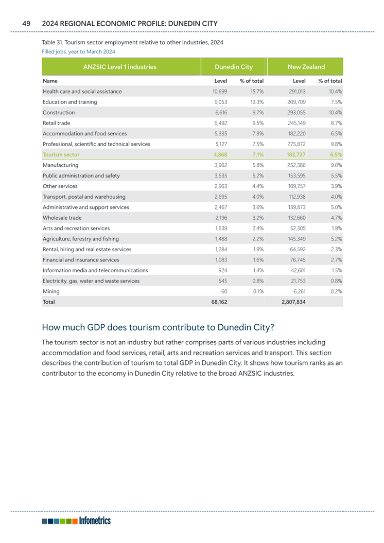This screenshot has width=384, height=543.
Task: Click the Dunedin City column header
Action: (234, 67)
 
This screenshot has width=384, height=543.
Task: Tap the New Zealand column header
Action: (306, 67)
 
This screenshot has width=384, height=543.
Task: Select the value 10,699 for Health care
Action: (220, 91)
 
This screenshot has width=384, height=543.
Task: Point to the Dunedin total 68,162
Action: (219, 302)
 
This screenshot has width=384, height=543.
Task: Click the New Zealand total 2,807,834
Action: (294, 302)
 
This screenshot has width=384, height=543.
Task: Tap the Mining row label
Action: (51, 291)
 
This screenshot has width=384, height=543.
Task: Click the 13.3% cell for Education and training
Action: (257, 102)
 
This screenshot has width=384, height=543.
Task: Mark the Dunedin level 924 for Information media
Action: (223, 270)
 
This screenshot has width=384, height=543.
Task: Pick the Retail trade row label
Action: (57, 122)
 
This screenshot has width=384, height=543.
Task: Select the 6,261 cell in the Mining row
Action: (299, 291)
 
